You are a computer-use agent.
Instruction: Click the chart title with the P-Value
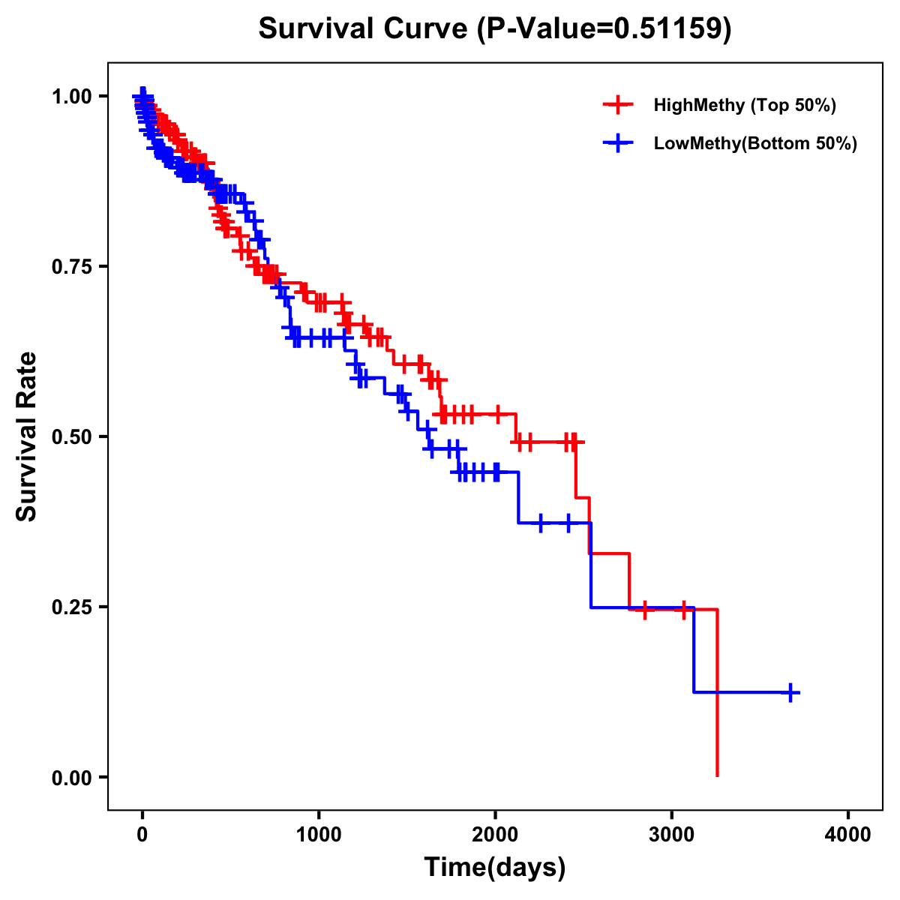pos(494,28)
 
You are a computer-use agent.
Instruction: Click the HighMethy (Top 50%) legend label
pos(744,105)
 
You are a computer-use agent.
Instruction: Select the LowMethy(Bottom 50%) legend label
pos(755,143)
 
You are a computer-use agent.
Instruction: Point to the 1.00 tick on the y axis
pos(72,96)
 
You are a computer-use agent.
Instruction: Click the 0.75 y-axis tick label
pos(72,266)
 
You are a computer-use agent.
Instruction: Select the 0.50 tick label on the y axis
pos(72,436)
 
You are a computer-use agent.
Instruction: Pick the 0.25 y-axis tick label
pos(72,607)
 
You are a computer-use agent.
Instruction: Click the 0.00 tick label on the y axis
pos(72,777)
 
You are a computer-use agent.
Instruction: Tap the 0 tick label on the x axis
pos(142,835)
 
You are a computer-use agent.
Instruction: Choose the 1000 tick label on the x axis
pos(319,835)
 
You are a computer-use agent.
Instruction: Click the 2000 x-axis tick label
pos(495,835)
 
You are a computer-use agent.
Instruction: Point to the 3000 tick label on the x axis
pos(672,835)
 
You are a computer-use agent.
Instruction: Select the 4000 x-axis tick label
pos(848,835)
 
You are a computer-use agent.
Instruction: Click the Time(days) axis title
pos(495,868)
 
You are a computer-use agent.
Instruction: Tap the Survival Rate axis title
pos(27,436)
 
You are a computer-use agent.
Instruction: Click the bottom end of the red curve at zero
pos(718,775)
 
